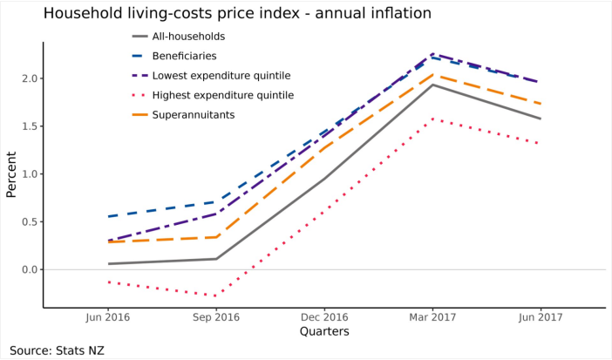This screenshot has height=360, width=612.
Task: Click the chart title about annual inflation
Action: [x=237, y=14]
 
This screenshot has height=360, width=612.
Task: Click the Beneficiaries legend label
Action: [x=184, y=56]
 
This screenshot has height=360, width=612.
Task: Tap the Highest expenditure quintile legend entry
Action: [x=222, y=95]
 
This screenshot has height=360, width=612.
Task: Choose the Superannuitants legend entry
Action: [x=194, y=114]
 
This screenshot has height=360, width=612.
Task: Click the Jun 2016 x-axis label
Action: [x=108, y=318]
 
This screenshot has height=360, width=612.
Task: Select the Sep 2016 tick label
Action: [x=216, y=318]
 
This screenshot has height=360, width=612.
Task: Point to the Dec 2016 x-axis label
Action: [x=324, y=318]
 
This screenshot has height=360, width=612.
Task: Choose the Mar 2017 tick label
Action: [x=432, y=318]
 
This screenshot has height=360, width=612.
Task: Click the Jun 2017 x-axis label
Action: [x=541, y=318]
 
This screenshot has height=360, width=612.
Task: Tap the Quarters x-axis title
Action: [x=324, y=332]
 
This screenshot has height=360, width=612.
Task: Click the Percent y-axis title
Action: [x=11, y=174]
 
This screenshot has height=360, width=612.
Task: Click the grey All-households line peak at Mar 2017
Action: [x=432, y=85]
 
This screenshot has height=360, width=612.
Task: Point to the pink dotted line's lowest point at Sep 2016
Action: [x=216, y=296]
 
